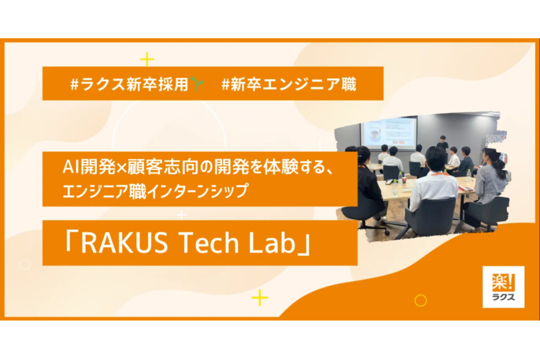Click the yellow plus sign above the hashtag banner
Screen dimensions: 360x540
coord(147,59)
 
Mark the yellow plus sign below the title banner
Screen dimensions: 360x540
coord(259,298)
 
